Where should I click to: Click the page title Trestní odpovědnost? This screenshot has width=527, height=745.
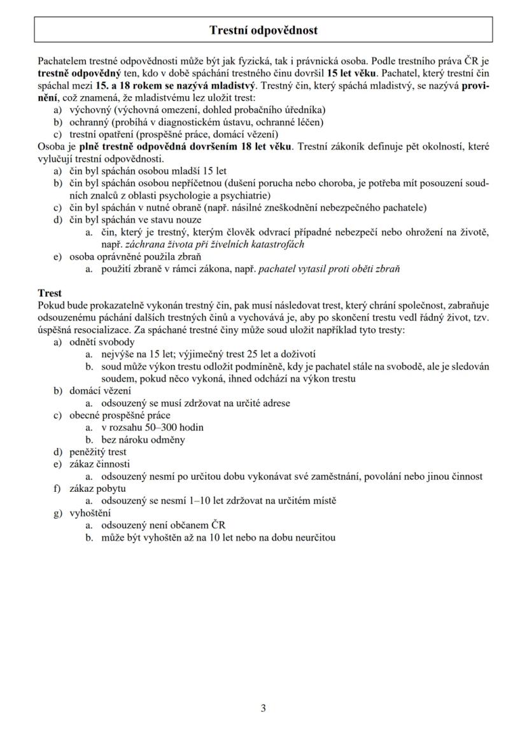pos(263,30)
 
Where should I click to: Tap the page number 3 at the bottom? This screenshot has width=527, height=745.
pos(263,708)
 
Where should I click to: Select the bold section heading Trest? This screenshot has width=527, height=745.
pos(50,293)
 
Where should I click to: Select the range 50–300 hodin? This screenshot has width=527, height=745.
pos(163,427)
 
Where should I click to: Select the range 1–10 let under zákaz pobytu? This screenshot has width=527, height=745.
pos(202,501)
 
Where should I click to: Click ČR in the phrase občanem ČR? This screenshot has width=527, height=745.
pos(218,525)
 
